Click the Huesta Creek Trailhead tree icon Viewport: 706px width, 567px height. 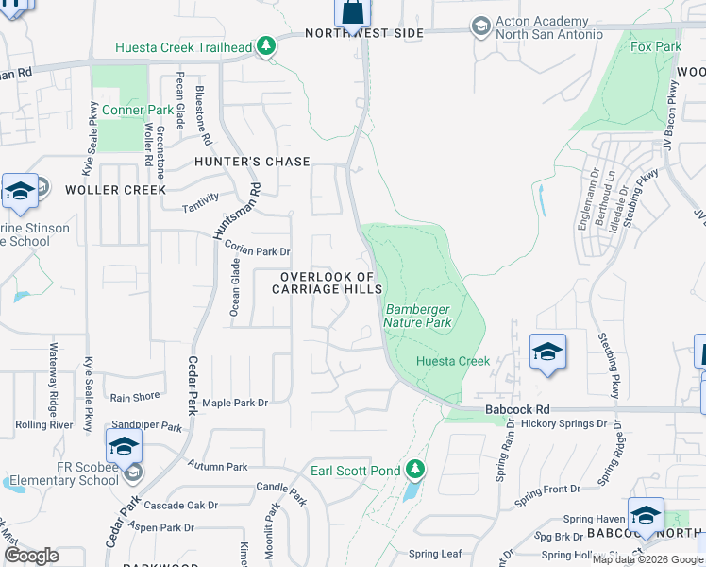[267, 45]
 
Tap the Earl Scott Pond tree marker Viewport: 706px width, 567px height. [414, 469]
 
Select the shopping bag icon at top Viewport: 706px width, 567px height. [351, 13]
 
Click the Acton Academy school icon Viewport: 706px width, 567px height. [480, 26]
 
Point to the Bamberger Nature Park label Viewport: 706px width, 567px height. [417, 316]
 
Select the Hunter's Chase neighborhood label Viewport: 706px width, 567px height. [252, 162]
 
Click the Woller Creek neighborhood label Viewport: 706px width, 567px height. [116, 190]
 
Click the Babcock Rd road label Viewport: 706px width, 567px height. [517, 410]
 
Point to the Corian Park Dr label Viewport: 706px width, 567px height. [257, 252]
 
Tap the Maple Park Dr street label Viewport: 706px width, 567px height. [235, 403]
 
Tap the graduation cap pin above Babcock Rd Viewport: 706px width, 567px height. [547, 353]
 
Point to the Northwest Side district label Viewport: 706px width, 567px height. [363, 33]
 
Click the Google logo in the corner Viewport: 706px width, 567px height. [31, 556]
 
